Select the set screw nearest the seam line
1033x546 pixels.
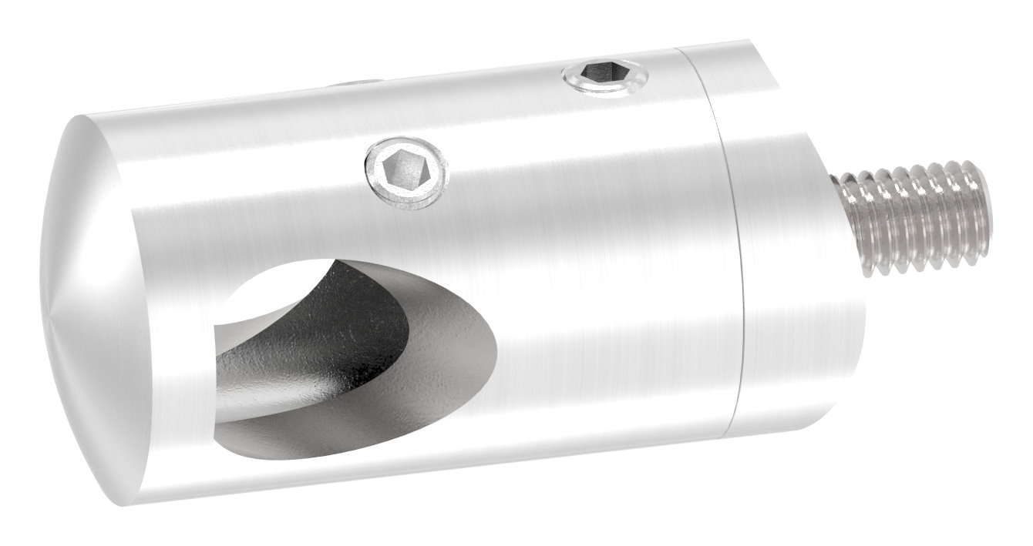[x=604, y=76]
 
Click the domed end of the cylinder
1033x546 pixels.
[x=85, y=308]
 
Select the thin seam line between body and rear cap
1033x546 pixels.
[x=725, y=246]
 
